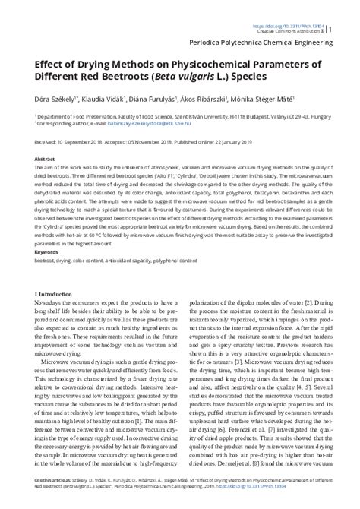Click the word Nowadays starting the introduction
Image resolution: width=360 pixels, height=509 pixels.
[52, 302]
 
